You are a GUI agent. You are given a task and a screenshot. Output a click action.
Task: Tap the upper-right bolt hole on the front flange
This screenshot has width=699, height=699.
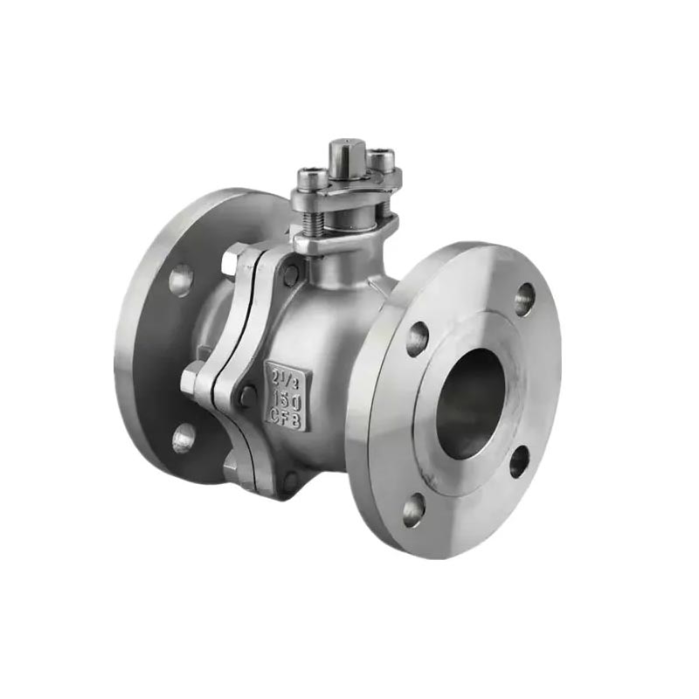coord(524,300)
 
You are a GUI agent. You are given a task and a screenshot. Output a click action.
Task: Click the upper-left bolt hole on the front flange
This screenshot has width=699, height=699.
coord(418,338)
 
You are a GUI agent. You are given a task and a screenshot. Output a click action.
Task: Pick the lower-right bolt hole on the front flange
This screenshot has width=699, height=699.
coord(519,461)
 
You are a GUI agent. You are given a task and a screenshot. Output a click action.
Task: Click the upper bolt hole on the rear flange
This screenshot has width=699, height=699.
coord(181,280)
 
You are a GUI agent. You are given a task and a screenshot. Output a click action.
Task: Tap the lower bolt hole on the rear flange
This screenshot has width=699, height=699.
coord(183,437)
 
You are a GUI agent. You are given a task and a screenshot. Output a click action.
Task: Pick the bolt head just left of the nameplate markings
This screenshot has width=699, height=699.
coord(249,396)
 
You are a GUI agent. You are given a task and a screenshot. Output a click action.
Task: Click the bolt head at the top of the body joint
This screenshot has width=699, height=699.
coord(289,273)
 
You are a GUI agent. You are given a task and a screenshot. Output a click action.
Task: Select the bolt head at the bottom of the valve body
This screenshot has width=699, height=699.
coord(288,479)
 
